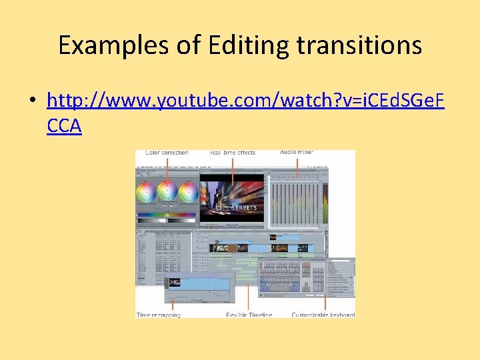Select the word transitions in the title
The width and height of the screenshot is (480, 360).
pyautogui.click(x=359, y=45)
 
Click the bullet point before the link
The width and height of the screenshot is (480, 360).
pyautogui.click(x=31, y=101)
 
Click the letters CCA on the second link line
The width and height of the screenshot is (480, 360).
pyautogui.click(x=64, y=125)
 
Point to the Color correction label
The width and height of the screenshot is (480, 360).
pyautogui.click(x=167, y=153)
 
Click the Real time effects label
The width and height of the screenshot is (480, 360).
pyautogui.click(x=232, y=153)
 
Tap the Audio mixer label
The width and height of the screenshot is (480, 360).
pyautogui.click(x=297, y=153)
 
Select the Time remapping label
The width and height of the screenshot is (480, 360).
pyautogui.click(x=159, y=315)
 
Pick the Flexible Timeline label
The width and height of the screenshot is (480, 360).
pyautogui.click(x=249, y=315)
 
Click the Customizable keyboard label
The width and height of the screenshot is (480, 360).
pyautogui.click(x=323, y=315)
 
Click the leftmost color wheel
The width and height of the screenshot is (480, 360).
pyautogui.click(x=145, y=192)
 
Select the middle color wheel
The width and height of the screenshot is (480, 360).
pyautogui.click(x=166, y=192)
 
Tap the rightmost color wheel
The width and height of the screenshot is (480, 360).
pyautogui.click(x=187, y=192)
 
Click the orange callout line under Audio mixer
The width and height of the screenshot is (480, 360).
pyautogui.click(x=297, y=167)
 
